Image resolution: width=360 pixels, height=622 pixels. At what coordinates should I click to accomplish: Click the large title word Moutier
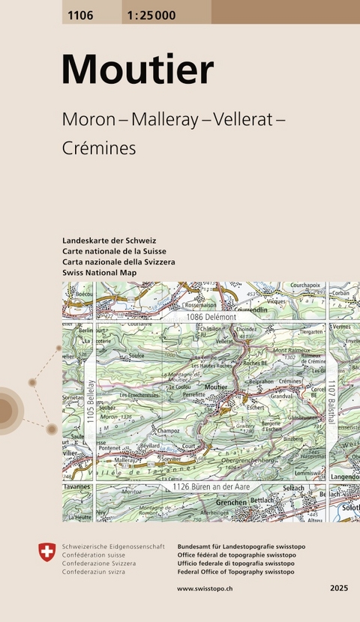coord(137,70)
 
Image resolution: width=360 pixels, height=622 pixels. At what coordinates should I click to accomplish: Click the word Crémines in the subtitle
coord(99,148)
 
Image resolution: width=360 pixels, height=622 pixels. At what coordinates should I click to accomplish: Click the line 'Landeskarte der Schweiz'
coord(112,240)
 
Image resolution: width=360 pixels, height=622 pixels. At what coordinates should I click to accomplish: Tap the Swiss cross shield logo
coord(47,552)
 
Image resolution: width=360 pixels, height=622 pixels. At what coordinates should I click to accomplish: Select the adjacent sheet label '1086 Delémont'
coord(210,318)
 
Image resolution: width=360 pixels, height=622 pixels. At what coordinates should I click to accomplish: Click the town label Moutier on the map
coord(216,387)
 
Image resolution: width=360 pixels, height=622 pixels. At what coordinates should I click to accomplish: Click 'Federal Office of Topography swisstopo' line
coord(235,572)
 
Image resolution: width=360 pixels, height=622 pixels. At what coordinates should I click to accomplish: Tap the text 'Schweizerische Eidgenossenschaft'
coord(113,547)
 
